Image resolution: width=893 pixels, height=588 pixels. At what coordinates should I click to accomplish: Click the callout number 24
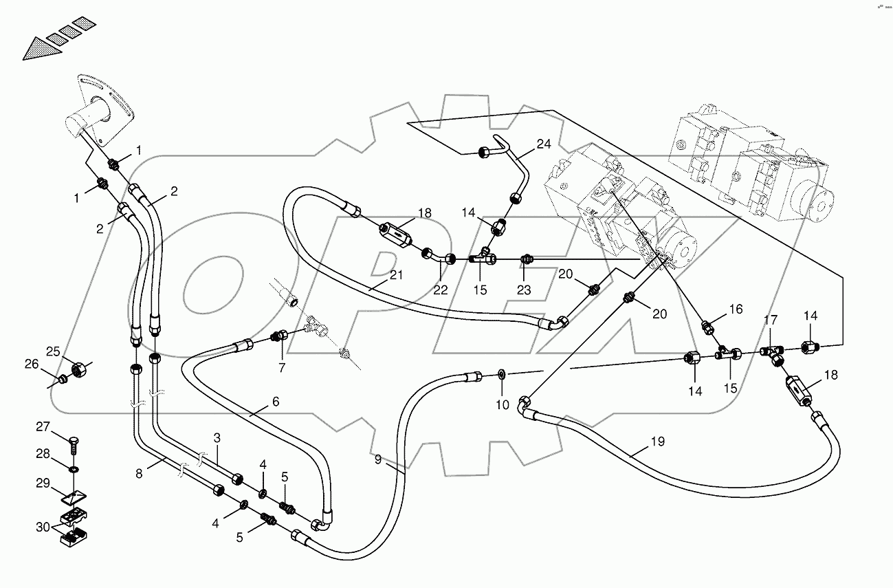544,144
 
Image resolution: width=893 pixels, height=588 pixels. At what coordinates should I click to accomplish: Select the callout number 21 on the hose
396,276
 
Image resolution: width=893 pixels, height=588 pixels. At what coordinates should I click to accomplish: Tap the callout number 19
658,442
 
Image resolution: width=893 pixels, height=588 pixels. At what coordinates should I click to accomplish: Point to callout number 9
378,460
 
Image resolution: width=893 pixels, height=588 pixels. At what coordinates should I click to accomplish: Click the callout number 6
275,402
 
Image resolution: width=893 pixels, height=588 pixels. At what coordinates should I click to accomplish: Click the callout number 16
736,309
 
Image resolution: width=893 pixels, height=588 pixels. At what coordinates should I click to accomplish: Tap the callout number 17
771,320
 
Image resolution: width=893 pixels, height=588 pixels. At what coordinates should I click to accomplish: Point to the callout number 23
524,290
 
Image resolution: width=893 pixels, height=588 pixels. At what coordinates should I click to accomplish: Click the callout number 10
503,405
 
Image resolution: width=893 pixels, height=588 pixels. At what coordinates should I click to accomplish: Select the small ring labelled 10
501,374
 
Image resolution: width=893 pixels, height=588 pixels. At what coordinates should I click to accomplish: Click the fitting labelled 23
526,259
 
